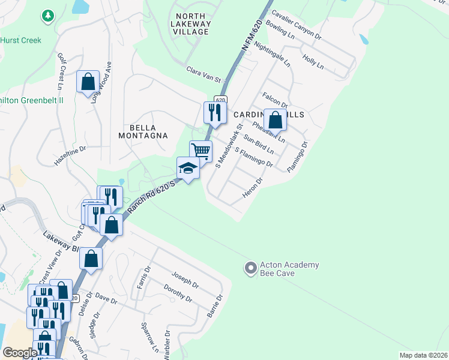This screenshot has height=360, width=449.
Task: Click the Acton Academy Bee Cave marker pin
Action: coord(250,269)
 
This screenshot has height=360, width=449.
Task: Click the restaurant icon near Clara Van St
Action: coord(214,112)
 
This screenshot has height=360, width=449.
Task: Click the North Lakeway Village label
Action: coord(191,24)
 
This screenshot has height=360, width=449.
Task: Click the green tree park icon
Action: coord(47,16)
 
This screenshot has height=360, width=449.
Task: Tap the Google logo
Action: coord(20,353)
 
